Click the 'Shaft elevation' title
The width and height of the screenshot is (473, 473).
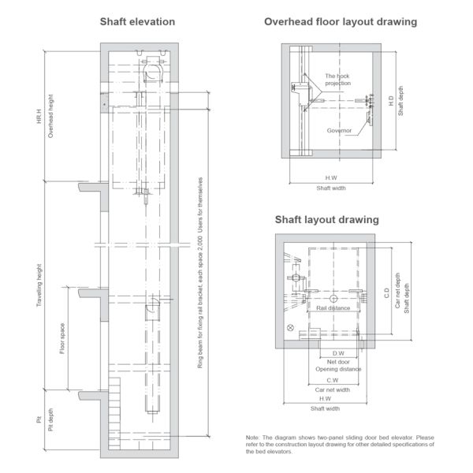pyautogui.click(x=137, y=22)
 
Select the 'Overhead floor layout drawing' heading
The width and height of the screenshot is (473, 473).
pyautogui.click(x=341, y=22)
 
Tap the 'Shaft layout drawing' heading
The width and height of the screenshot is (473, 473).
pyautogui.click(x=326, y=219)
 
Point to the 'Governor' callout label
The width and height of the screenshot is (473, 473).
pyautogui.click(x=339, y=130)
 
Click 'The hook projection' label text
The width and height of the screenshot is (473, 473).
pyautogui.click(x=337, y=80)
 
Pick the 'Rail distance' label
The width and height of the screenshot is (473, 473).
pyautogui.click(x=333, y=308)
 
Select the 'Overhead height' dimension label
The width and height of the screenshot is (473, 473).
pyautogui.click(x=50, y=116)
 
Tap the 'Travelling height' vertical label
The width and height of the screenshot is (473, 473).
pyautogui.click(x=39, y=285)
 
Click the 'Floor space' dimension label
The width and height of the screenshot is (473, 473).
pyautogui.click(x=62, y=338)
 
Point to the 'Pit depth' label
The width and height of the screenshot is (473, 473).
pyautogui.click(x=50, y=419)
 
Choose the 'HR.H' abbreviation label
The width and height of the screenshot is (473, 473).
pyautogui.click(x=39, y=117)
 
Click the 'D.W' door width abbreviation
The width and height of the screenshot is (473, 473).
pyautogui.click(x=338, y=353)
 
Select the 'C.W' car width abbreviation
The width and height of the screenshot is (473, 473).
pyautogui.click(x=333, y=381)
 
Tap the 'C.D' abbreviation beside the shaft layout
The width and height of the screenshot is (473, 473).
pyautogui.click(x=387, y=293)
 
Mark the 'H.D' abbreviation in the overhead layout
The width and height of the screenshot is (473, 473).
pyautogui.click(x=391, y=101)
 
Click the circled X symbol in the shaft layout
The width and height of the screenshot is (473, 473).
pyautogui.click(x=290, y=327)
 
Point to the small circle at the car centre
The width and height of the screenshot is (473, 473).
pyautogui.click(x=333, y=299)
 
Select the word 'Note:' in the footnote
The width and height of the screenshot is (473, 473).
pyautogui.click(x=252, y=438)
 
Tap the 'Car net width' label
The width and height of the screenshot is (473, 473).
pyautogui.click(x=333, y=389)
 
